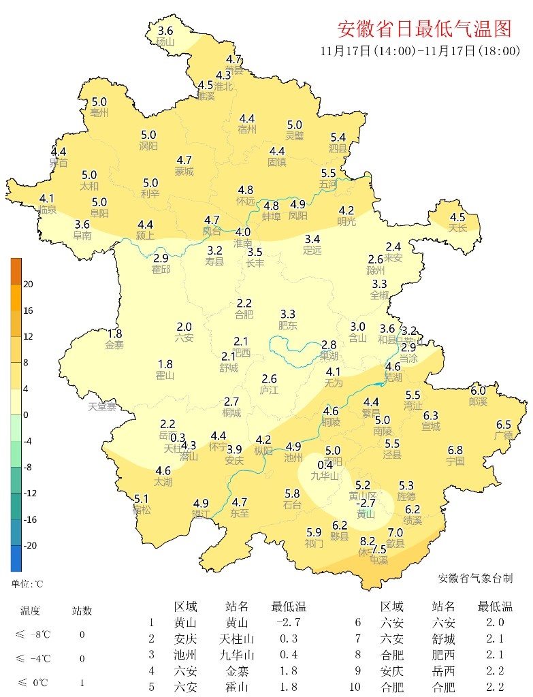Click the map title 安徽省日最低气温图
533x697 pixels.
point(424,29)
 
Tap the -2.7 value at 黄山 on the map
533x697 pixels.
point(367,503)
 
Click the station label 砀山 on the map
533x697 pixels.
point(165,42)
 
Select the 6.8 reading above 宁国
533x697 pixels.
point(455,450)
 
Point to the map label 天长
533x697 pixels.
point(457,228)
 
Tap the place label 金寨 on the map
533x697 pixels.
point(115,344)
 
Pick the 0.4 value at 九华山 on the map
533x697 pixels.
point(325,465)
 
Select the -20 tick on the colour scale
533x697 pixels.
point(30,546)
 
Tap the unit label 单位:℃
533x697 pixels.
point(27,584)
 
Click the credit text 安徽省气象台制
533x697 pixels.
point(474,578)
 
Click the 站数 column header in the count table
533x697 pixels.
point(82,611)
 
